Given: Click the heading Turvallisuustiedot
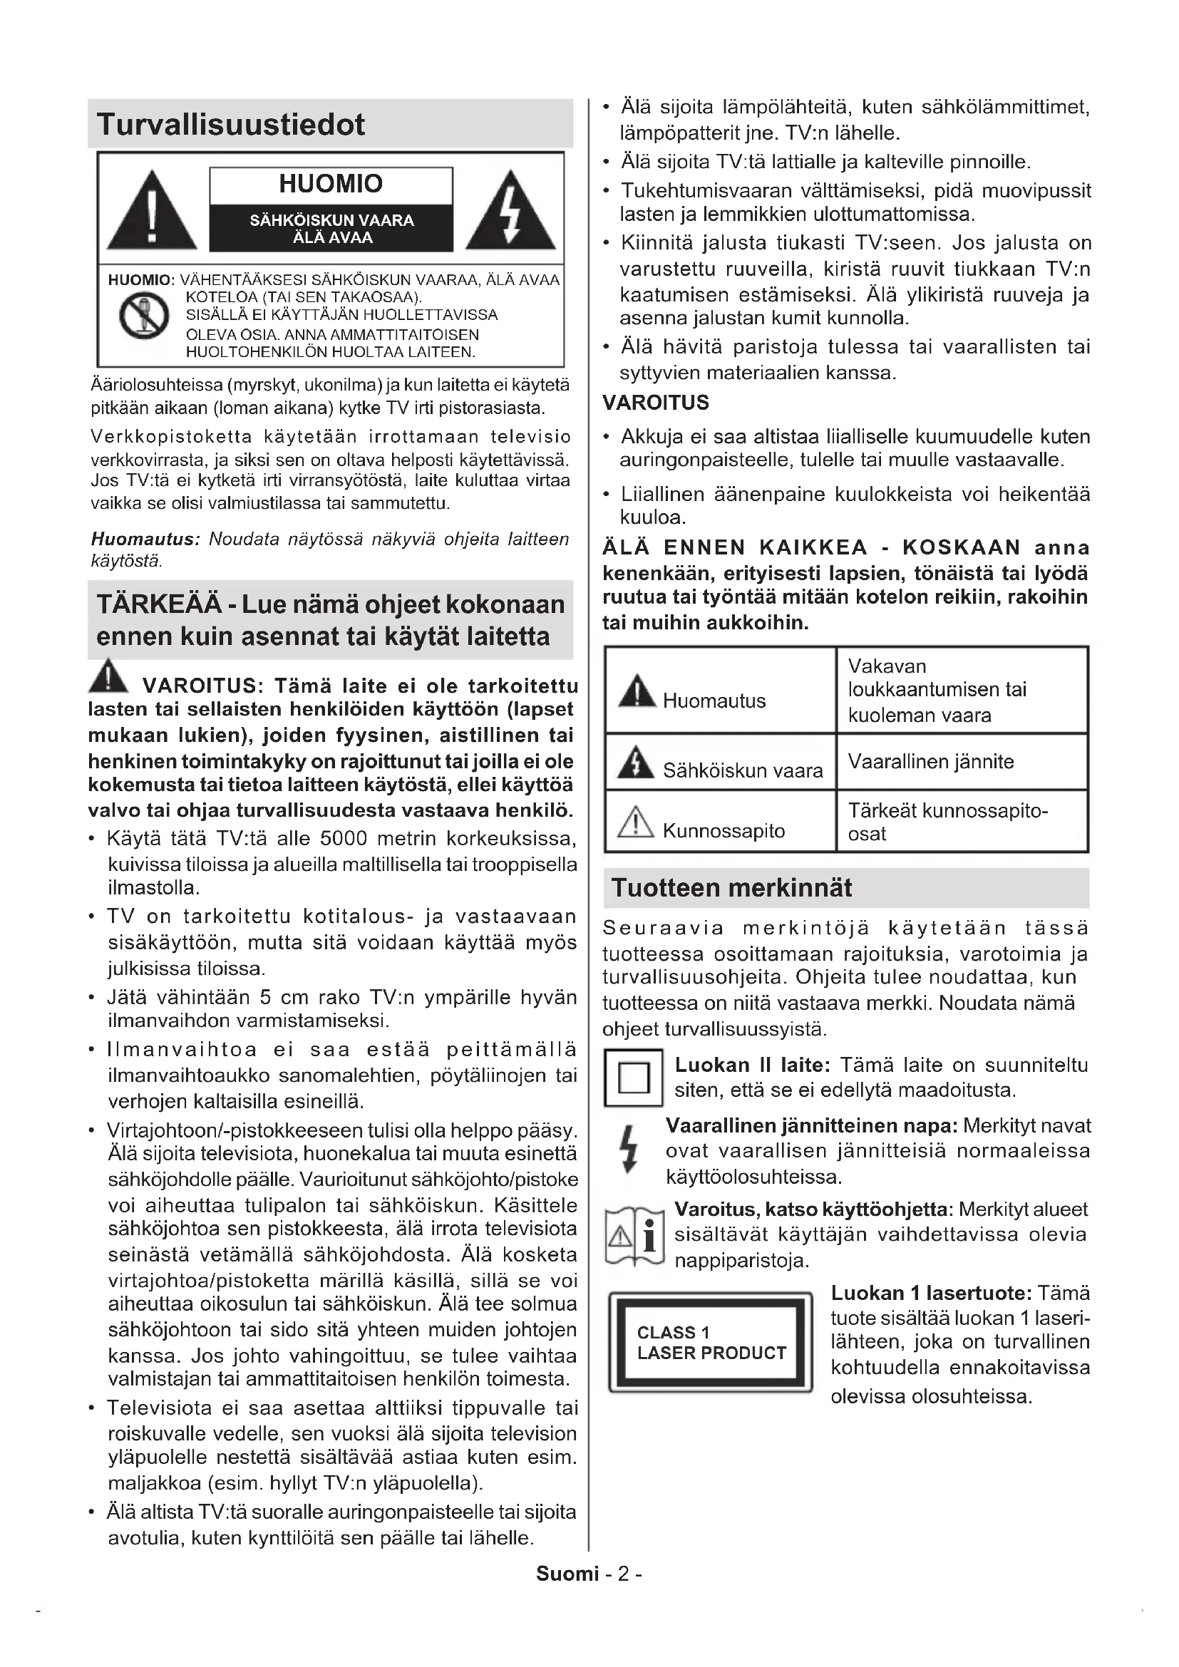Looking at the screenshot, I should click(231, 125).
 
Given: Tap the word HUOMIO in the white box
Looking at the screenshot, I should click(330, 184).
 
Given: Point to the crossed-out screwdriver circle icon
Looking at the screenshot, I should click(145, 315).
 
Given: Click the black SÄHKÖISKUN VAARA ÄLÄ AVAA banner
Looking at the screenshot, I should click(331, 229).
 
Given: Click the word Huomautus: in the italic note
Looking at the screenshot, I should click(145, 540).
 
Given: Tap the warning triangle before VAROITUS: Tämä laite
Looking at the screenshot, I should click(108, 676).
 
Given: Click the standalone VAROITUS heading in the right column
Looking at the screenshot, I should click(656, 402).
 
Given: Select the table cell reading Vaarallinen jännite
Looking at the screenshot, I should click(931, 762).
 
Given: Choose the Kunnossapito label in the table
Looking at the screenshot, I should click(723, 830).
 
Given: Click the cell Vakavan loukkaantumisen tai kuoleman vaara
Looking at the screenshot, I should click(937, 690).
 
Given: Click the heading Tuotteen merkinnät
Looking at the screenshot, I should click(732, 888).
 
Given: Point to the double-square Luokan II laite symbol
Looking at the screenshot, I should click(633, 1078).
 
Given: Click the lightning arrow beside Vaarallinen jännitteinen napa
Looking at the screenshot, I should click(630, 1150).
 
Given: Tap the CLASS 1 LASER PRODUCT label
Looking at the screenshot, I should click(711, 1343).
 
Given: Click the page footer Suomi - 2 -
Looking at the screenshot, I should click(589, 1574).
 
